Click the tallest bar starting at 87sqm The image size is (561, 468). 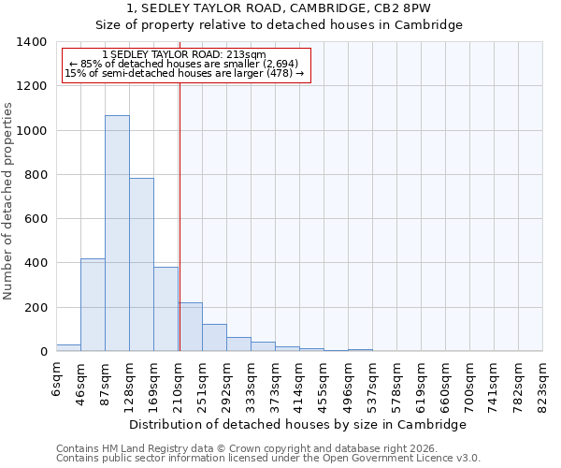click(x=117, y=234)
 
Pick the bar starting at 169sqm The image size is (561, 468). click(x=165, y=309)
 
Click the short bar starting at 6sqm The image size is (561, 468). click(x=68, y=348)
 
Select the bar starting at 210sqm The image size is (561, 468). click(x=190, y=328)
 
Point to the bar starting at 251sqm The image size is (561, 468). click(x=214, y=338)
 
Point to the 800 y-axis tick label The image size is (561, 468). click(x=36, y=175)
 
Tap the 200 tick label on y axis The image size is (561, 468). click(x=36, y=308)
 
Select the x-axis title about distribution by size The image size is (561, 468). click(x=296, y=424)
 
